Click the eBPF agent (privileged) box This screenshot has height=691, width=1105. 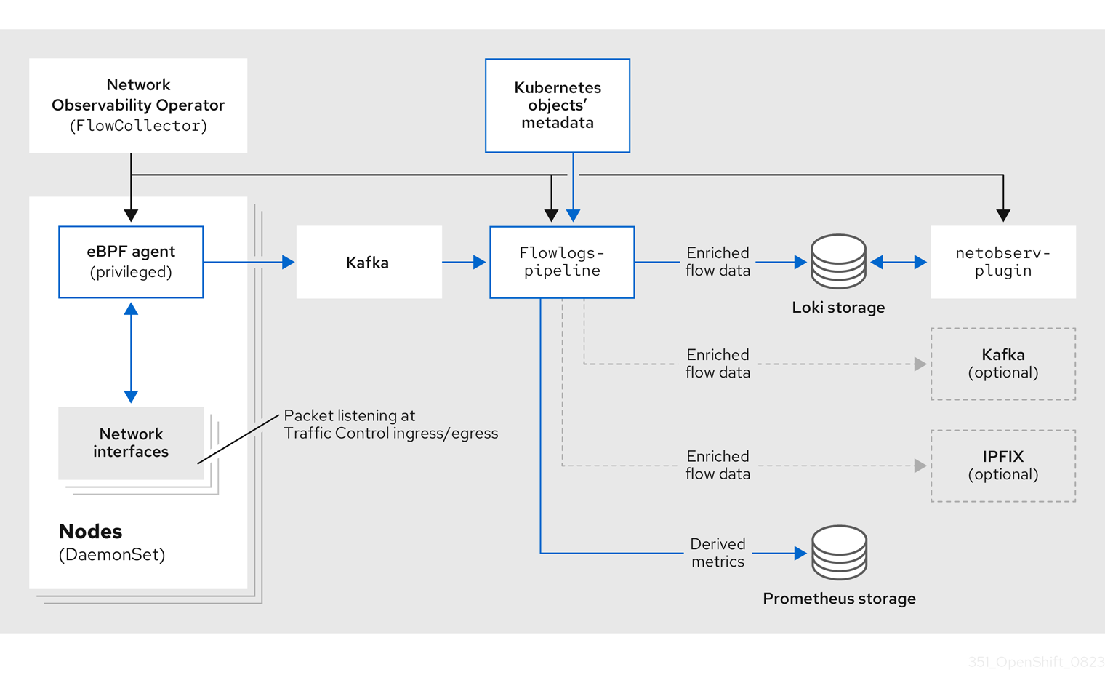(x=131, y=262)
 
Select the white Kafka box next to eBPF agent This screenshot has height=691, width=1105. (x=369, y=262)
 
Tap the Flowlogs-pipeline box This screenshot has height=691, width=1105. (x=562, y=262)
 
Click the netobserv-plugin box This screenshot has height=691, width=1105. (x=1002, y=262)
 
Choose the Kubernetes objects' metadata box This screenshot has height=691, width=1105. (x=558, y=105)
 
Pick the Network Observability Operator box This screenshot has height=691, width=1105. (x=138, y=105)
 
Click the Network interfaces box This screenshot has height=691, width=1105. (x=131, y=443)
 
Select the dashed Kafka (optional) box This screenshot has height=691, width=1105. (x=1002, y=364)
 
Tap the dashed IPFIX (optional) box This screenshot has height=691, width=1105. (x=1002, y=466)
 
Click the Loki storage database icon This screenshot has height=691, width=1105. (x=838, y=262)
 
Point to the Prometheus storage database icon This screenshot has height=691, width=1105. (x=839, y=553)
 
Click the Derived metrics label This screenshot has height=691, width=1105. (x=718, y=553)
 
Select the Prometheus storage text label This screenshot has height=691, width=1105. (x=839, y=599)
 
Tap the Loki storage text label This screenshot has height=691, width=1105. (x=838, y=308)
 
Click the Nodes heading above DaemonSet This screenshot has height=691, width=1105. (x=90, y=532)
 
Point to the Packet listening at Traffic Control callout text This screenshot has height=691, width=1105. (x=390, y=425)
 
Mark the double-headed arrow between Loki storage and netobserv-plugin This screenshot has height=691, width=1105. (x=899, y=263)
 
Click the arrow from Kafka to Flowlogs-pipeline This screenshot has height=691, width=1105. (x=464, y=262)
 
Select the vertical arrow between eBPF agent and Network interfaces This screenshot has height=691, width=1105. (x=131, y=353)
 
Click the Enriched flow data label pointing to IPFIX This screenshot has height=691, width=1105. (x=718, y=466)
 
